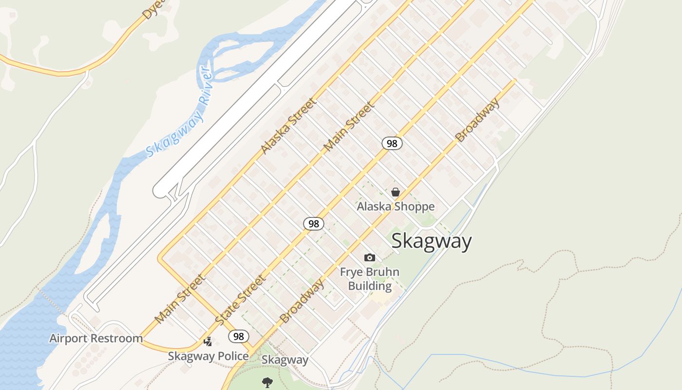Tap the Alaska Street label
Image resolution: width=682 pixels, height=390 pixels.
tap(288, 126)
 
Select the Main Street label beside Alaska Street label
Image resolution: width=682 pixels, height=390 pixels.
tap(349, 126)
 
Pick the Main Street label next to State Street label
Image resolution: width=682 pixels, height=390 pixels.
tap(179, 299)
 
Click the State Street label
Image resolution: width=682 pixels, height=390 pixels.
tap(241, 300)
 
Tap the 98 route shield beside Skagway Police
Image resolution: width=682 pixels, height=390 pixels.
tap(239, 336)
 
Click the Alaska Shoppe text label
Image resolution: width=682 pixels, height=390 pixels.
tap(396, 207)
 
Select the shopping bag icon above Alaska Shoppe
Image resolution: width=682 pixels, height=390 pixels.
tap(396, 192)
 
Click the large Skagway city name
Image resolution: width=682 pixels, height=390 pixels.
tap(432, 241)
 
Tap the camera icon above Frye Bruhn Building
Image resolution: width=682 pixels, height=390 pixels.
tap(370, 257)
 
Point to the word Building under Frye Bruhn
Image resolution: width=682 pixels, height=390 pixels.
tap(370, 286)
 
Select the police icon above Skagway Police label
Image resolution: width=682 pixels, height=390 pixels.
tap(208, 342)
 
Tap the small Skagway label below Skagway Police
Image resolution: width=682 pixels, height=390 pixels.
tap(285, 360)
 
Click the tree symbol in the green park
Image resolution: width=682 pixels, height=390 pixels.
tap(267, 382)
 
